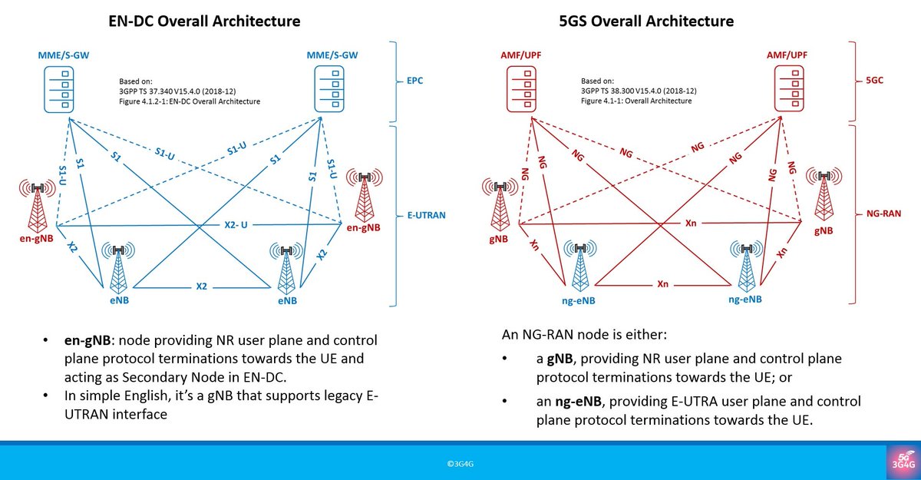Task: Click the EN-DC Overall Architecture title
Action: [x=203, y=21]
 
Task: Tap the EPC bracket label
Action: [x=416, y=81]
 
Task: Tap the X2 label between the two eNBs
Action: [x=202, y=286]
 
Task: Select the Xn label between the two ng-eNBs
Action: [x=662, y=284]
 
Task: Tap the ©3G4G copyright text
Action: [x=460, y=464]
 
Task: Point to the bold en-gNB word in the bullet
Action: [x=89, y=340]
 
